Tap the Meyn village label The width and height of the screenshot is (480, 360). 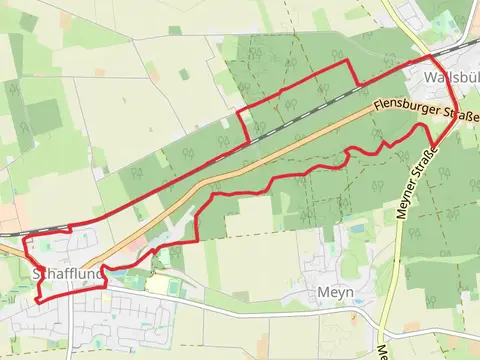click(335, 292)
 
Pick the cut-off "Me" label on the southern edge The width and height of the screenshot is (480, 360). click(384, 352)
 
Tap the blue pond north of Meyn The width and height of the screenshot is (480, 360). click(357, 230)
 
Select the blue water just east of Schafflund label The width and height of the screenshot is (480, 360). click(117, 270)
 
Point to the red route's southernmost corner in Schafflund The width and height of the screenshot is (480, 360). click(37, 300)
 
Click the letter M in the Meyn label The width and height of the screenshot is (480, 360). click(322, 292)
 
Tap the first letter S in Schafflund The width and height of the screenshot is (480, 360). click(36, 273)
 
